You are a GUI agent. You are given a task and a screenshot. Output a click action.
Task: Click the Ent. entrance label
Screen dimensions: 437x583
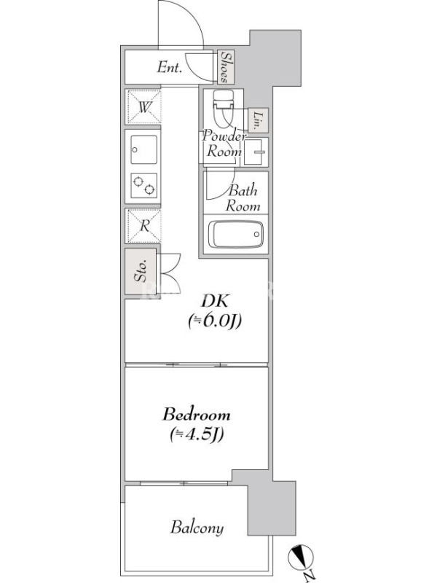click(170, 67)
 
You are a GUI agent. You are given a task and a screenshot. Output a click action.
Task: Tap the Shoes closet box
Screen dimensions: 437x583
click(227, 67)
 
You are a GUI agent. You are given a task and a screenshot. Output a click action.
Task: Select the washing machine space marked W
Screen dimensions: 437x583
click(143, 106)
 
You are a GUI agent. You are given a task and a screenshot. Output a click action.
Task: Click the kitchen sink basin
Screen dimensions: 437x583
click(143, 150)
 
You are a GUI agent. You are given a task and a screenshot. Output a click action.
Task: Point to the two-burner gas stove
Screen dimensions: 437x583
click(143, 186)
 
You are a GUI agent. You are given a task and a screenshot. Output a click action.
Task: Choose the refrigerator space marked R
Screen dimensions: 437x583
click(143, 226)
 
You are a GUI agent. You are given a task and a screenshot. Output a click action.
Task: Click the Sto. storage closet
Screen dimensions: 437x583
click(141, 272)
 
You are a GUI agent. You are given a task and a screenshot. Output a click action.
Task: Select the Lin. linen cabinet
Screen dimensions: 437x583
click(258, 120)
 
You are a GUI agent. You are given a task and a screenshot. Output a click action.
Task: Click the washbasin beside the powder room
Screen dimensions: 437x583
click(256, 152)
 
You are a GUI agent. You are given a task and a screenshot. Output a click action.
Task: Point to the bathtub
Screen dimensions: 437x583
click(236, 234)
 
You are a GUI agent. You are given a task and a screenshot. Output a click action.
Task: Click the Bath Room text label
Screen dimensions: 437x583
click(243, 197)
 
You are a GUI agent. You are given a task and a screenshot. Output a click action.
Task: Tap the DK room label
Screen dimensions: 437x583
click(215, 301)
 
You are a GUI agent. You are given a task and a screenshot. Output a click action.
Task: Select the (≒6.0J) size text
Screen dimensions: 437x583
click(215, 321)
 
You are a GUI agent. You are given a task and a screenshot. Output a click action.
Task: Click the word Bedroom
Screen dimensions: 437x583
click(196, 414)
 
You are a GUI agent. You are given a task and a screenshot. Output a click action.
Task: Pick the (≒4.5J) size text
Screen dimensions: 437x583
click(196, 434)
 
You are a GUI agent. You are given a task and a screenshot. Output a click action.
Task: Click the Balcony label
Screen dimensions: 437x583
click(197, 528)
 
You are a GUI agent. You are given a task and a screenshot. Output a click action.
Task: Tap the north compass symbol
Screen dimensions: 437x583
click(301, 557)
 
